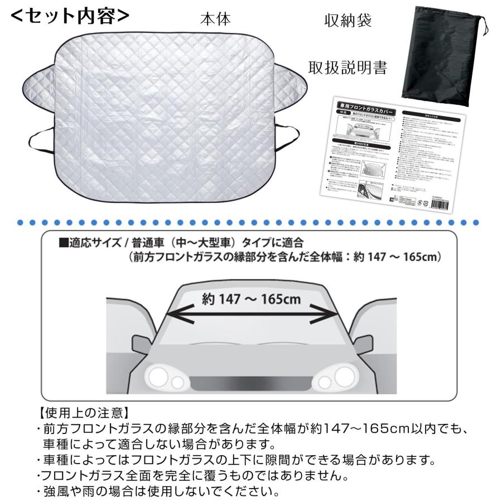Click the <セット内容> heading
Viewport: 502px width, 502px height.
pyautogui.click(x=70, y=16)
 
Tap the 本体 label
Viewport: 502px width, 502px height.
pyautogui.click(x=215, y=19)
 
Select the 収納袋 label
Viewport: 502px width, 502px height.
pyautogui.click(x=348, y=21)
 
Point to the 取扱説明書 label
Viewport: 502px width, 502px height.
pyautogui.click(x=348, y=67)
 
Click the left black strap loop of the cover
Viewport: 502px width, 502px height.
pyautogui.click(x=40, y=137)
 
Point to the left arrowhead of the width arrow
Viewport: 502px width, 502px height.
pyautogui.click(x=170, y=313)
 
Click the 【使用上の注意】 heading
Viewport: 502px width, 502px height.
pyautogui.click(x=84, y=414)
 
